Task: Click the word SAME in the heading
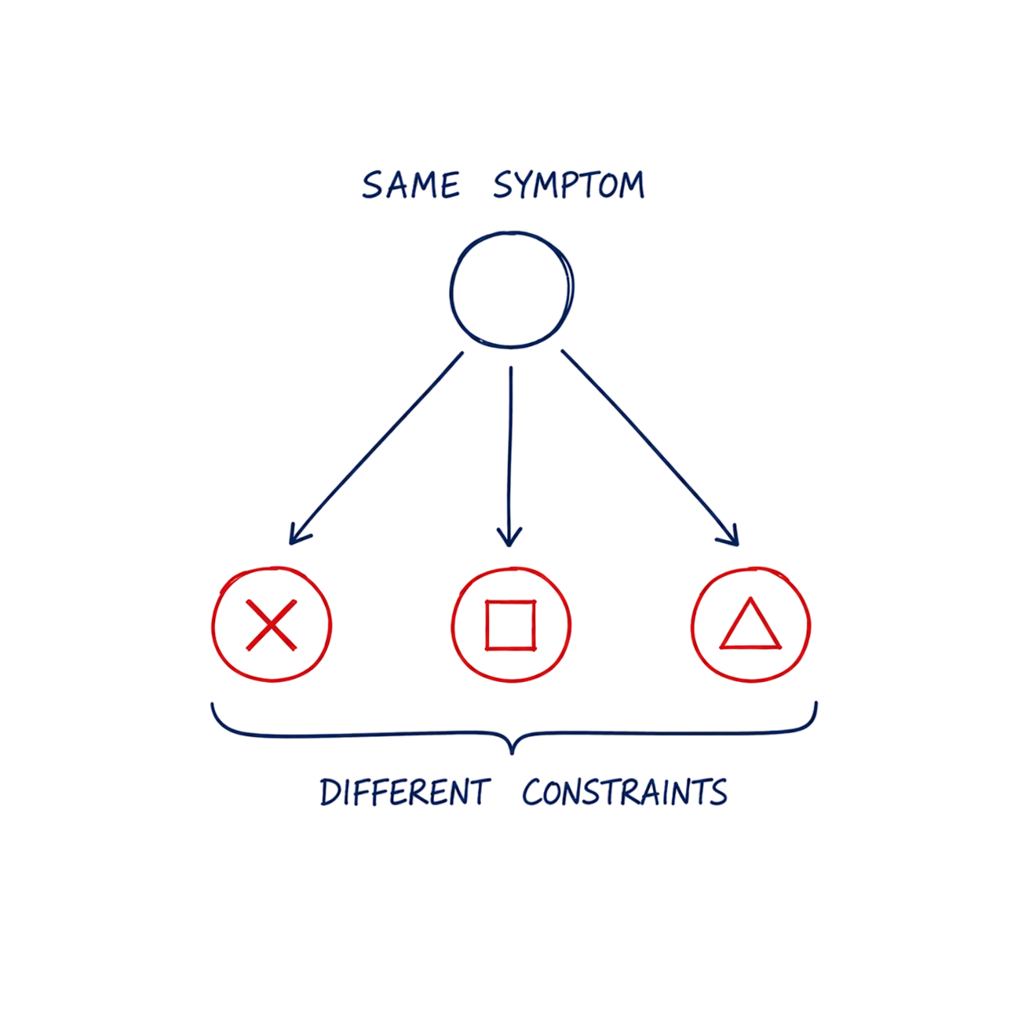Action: click(x=410, y=185)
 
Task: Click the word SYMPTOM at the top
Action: click(x=569, y=185)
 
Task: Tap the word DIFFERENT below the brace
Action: click(x=405, y=793)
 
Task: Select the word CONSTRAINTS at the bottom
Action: click(x=624, y=793)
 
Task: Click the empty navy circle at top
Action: click(x=451, y=291)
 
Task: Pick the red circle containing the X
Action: click(x=213, y=624)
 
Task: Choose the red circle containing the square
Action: click(x=453, y=624)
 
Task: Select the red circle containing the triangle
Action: click(x=692, y=624)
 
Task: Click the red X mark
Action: click(x=272, y=625)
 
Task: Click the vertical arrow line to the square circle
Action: click(x=510, y=456)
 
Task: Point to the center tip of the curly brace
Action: click(x=511, y=753)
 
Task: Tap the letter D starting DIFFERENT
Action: click(x=330, y=793)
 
